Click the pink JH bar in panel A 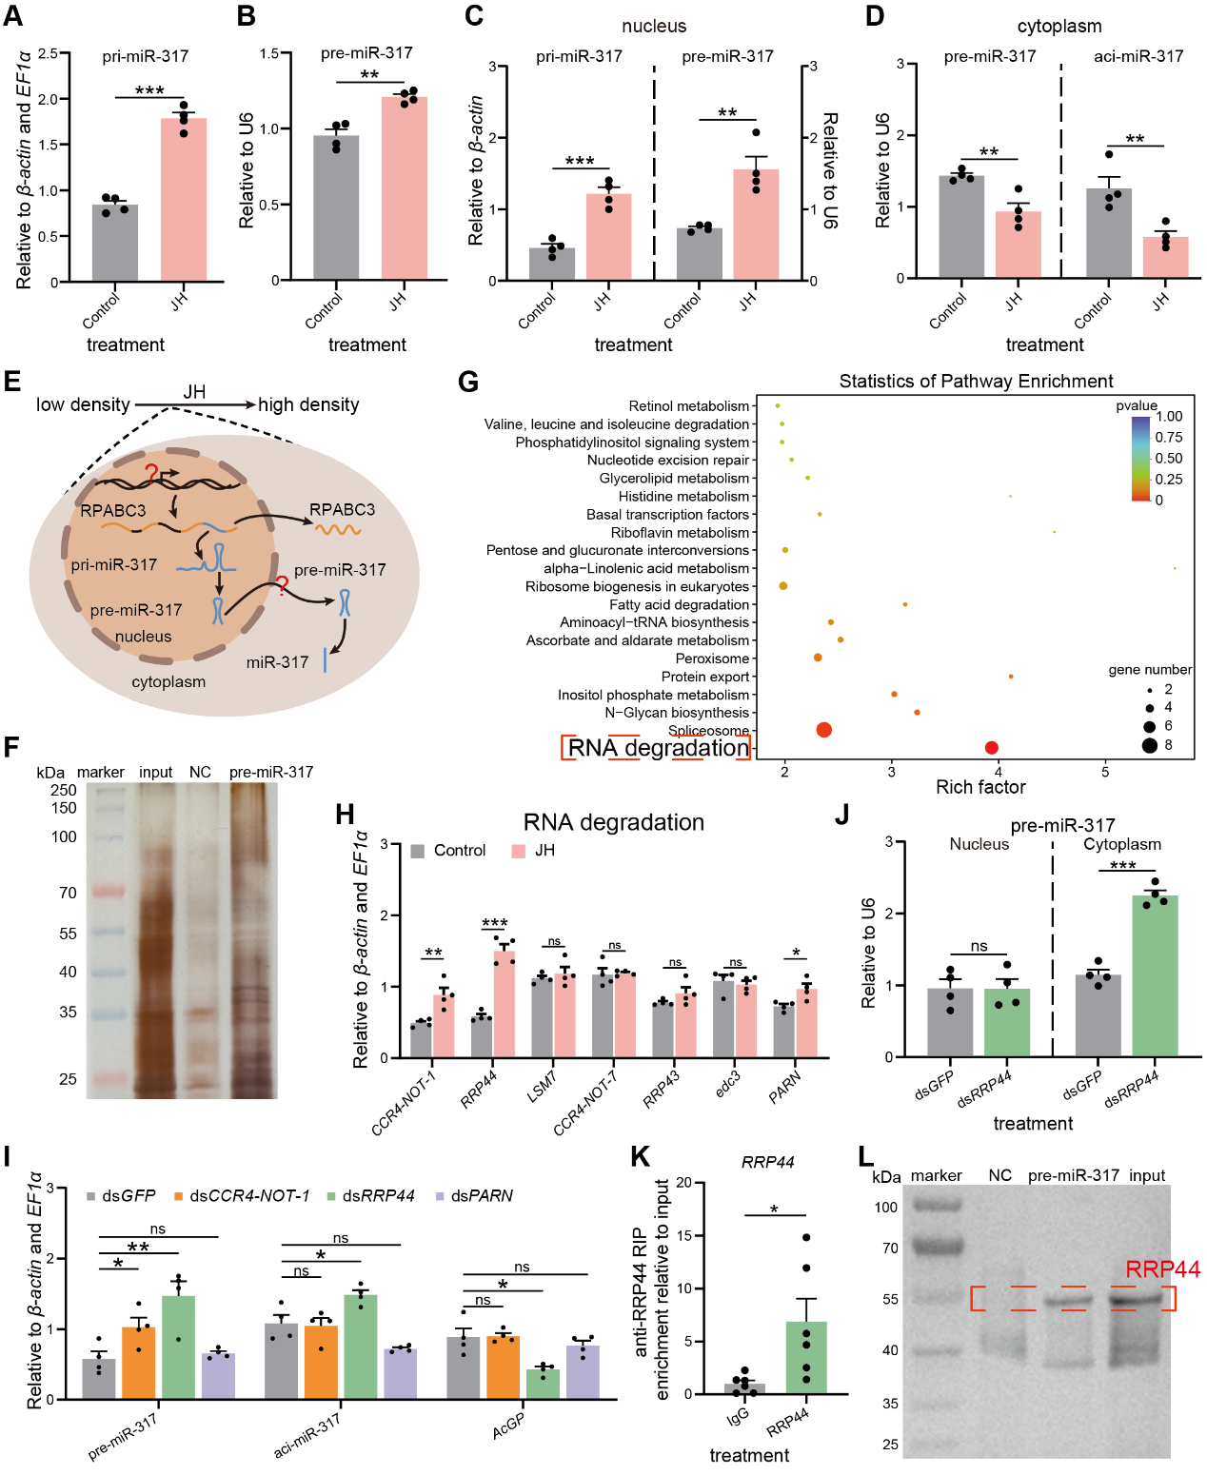coord(184,199)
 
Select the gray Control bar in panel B coord(336,207)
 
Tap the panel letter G coord(467,382)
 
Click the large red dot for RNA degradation coord(991,748)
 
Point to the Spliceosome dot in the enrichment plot coord(823,730)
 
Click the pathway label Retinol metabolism coord(688,405)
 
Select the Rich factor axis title coord(980,787)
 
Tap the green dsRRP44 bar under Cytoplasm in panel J coord(1155,975)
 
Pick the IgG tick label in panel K coord(738,1416)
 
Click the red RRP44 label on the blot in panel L coord(1162,1268)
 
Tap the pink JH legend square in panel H coord(519,851)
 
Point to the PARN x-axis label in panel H coord(785,1088)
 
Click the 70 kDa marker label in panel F coord(68,893)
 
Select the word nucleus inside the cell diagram coord(143,637)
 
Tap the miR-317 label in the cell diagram coord(277,662)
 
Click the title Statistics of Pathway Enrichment coord(976,382)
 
